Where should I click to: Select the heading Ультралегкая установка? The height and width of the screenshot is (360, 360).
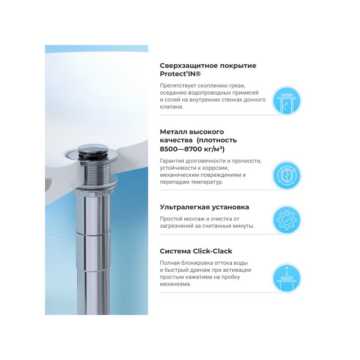coord(204,207)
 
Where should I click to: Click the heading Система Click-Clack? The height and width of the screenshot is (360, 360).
coord(196,251)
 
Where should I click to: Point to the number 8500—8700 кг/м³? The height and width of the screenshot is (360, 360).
coord(192,148)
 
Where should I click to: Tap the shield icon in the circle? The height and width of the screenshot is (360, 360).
coord(286,175)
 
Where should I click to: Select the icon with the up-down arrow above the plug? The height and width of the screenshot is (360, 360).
coord(286,278)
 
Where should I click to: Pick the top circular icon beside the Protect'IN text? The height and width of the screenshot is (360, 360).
coord(286,100)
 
